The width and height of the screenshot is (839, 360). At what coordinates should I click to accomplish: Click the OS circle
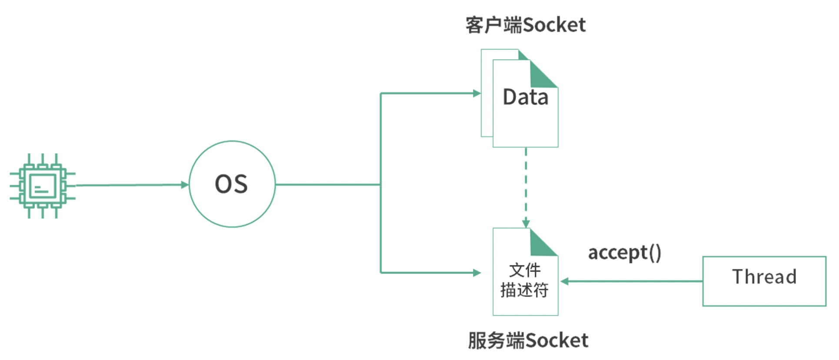(232, 184)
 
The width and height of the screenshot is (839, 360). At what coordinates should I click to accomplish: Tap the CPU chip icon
(42, 186)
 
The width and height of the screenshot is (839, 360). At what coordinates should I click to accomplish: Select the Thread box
(764, 281)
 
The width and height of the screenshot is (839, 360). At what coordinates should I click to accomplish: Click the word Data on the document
(525, 97)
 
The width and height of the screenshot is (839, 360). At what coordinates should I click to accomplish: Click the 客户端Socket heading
(525, 25)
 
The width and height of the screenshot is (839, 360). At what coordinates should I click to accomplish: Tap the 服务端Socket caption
(528, 340)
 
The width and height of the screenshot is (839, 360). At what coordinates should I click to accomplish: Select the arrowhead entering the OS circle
(185, 185)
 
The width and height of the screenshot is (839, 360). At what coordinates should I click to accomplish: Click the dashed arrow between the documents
(526, 183)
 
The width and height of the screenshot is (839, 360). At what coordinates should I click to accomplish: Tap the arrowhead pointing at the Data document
(477, 93)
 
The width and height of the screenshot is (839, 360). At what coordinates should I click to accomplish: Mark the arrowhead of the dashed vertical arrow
(526, 223)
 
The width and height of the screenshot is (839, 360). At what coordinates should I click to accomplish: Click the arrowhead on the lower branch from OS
(477, 273)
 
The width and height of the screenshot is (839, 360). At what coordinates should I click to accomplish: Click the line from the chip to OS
(130, 185)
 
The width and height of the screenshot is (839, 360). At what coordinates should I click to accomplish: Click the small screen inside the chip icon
(42, 187)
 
